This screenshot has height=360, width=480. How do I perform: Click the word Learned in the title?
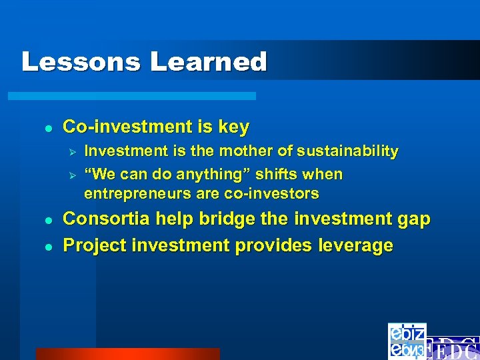208,62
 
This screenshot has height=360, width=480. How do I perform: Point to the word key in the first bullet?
234,127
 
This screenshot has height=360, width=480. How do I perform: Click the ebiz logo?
407,341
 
